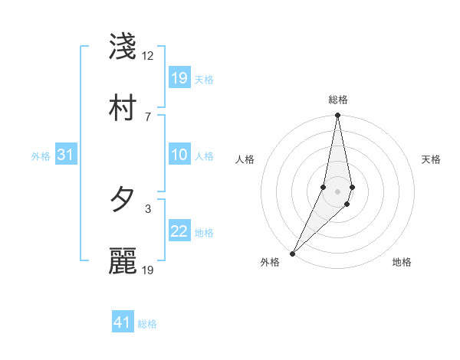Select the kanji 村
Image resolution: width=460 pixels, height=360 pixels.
123,109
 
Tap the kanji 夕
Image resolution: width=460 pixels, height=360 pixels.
123,201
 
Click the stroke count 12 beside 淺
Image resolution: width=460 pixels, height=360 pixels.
148,56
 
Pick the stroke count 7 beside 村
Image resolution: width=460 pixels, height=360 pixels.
148,116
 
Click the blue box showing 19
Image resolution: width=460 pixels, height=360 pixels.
179,78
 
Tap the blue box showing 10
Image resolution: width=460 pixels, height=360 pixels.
179,155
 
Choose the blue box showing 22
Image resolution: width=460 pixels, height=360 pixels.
179,231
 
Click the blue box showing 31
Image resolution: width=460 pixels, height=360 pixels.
66,155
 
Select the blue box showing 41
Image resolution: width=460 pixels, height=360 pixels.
123,322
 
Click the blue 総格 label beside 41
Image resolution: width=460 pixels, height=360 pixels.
147,324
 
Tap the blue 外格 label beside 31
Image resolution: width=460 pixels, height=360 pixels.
41,156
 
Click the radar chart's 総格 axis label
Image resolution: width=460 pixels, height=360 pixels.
338,100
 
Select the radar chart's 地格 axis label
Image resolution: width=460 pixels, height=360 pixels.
402,262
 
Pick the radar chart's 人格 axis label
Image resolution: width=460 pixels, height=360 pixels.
245,159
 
